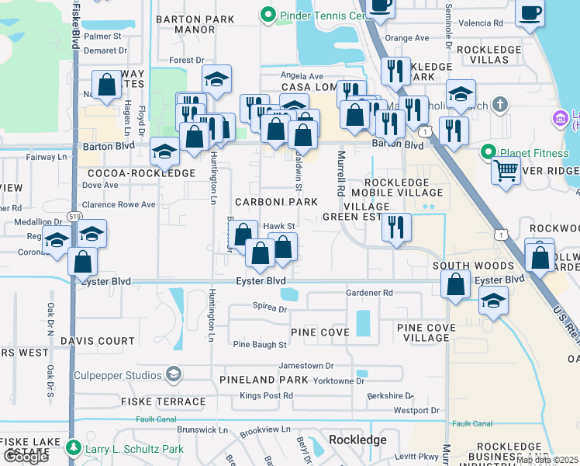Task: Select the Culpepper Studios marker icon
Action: (x=174, y=375)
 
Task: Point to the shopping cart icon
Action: (x=506, y=169)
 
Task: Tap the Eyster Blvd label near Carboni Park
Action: (x=260, y=280)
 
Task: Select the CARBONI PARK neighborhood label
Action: (x=277, y=202)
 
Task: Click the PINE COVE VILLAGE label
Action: (x=426, y=332)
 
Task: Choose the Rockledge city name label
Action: (x=357, y=440)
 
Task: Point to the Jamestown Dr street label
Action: (x=306, y=365)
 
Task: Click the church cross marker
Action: (x=500, y=103)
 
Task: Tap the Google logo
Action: (x=26, y=457)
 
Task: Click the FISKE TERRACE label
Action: (x=163, y=402)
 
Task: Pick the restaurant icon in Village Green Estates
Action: (x=396, y=227)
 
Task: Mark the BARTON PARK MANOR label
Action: (x=185, y=24)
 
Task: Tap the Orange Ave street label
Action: (x=406, y=37)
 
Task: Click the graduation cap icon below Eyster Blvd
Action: (x=493, y=301)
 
